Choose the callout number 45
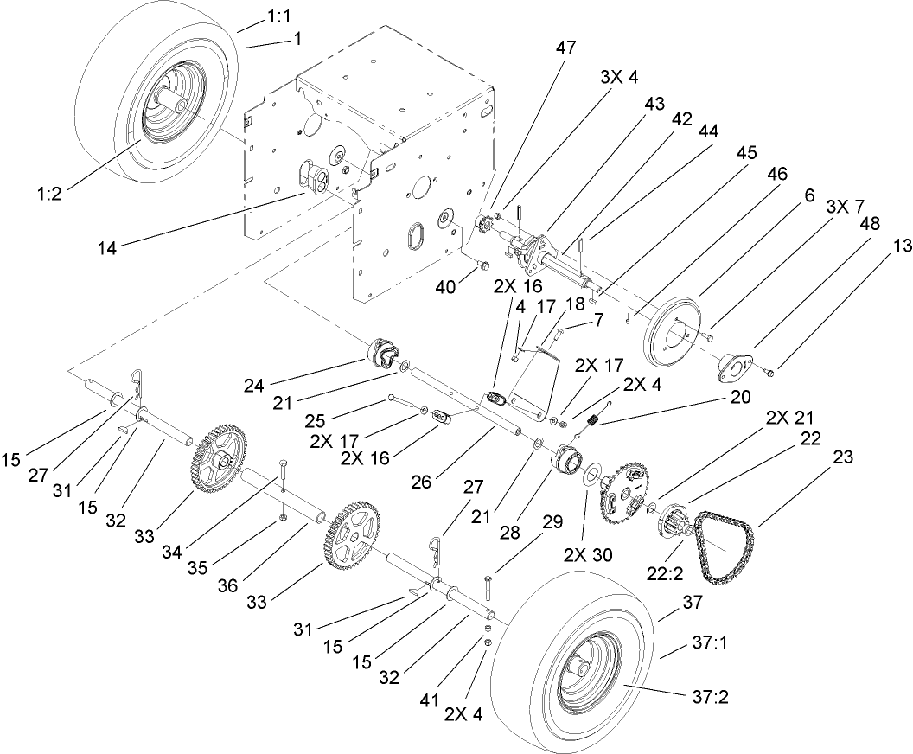coord(746,153)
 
